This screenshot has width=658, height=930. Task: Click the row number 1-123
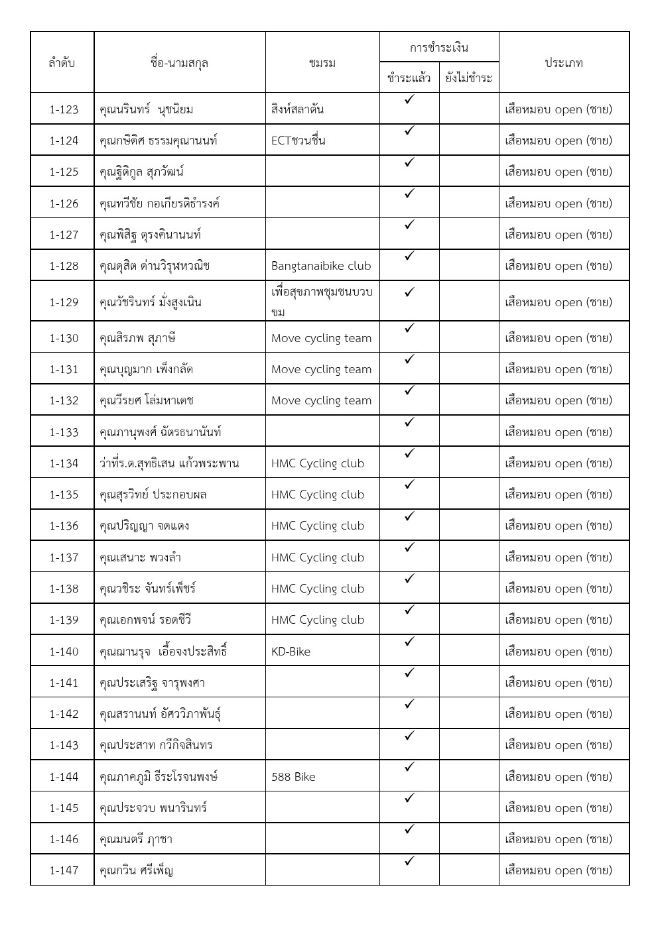(64, 109)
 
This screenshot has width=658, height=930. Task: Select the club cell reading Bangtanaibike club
(321, 266)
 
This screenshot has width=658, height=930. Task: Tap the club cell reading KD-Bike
(291, 652)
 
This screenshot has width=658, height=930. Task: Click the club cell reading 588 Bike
(293, 777)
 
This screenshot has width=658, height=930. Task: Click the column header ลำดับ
(62, 63)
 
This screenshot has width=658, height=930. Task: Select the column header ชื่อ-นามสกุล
(179, 63)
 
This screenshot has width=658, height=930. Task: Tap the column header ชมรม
(322, 63)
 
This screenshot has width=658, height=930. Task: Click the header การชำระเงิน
(438, 48)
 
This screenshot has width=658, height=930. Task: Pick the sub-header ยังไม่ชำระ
(468, 78)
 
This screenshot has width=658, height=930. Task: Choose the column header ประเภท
(563, 63)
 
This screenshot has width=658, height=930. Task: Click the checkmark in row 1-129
(409, 292)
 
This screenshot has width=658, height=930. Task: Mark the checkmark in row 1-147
(409, 861)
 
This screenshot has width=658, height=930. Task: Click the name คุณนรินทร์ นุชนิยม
(146, 109)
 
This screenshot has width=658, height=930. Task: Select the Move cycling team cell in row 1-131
(321, 369)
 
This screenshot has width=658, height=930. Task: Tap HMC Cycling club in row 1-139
(318, 620)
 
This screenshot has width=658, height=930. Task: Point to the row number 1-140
(64, 652)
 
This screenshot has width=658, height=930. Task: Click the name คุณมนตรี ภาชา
(135, 839)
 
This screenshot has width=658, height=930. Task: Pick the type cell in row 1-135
(558, 494)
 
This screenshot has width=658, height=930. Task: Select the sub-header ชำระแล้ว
(409, 78)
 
